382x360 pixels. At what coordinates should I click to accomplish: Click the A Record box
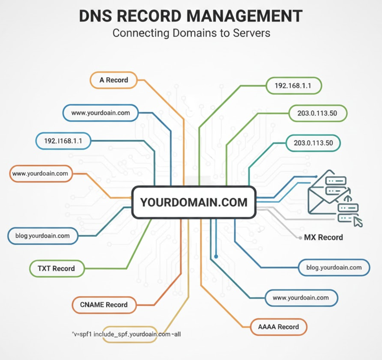coord(113,80)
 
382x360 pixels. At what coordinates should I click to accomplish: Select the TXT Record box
coord(56,268)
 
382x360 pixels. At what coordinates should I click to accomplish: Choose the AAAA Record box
coord(278,327)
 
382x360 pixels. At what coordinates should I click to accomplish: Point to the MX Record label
coord(323,237)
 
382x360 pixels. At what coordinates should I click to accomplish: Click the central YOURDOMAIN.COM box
coord(194,202)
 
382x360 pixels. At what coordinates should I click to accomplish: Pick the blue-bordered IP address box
coord(63,141)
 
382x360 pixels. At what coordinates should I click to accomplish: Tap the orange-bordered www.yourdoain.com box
coord(40,174)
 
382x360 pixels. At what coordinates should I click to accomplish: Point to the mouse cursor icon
coord(358,222)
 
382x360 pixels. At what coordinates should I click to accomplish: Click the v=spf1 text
coord(82,334)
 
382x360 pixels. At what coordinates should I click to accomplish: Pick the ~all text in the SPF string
coord(176,334)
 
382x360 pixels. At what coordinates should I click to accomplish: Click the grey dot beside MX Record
coord(300,238)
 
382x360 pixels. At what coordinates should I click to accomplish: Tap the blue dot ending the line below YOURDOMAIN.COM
coord(216,257)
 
